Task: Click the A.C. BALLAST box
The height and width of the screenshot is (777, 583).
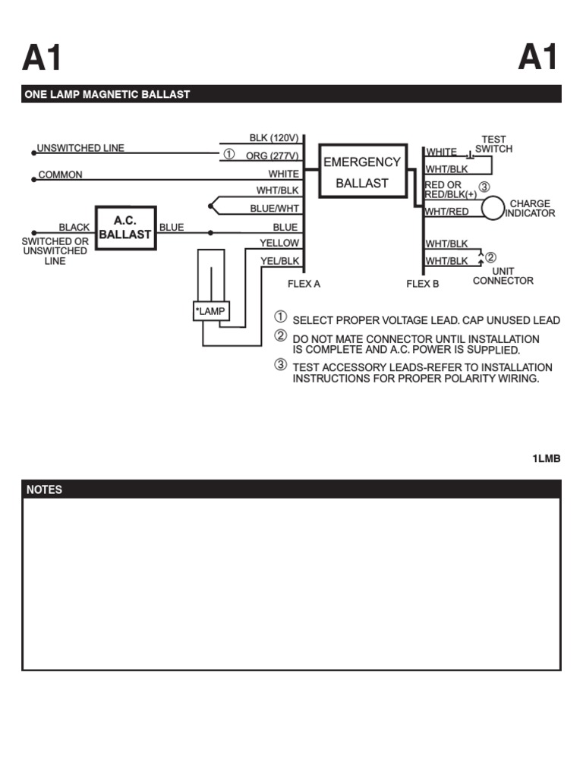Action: click(x=125, y=228)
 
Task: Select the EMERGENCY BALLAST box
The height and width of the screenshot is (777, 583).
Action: click(x=361, y=172)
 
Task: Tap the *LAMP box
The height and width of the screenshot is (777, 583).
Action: click(x=211, y=311)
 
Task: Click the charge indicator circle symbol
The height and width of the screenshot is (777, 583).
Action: click(x=493, y=207)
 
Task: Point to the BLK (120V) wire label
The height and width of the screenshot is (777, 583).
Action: click(x=274, y=138)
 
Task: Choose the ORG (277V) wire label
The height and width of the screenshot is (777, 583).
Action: click(x=273, y=156)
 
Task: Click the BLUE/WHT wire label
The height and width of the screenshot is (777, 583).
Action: click(x=275, y=208)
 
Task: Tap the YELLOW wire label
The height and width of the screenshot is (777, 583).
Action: click(x=279, y=243)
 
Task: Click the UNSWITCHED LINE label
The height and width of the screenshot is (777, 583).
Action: click(x=81, y=149)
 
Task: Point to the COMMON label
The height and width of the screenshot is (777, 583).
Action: click(x=61, y=175)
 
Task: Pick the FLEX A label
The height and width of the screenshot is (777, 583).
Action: click(x=304, y=285)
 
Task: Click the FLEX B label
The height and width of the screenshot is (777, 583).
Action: click(x=423, y=285)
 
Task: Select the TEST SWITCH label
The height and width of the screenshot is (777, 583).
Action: click(x=493, y=144)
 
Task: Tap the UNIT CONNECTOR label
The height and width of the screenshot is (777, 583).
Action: click(x=503, y=276)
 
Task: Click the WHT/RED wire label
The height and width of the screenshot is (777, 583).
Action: click(x=447, y=212)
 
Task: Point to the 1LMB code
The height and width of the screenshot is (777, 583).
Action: click(x=546, y=460)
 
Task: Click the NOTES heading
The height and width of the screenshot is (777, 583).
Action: click(x=45, y=490)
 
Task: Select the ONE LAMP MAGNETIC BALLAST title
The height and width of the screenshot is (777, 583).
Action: click(x=107, y=95)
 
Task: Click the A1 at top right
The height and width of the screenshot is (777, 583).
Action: click(x=538, y=58)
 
